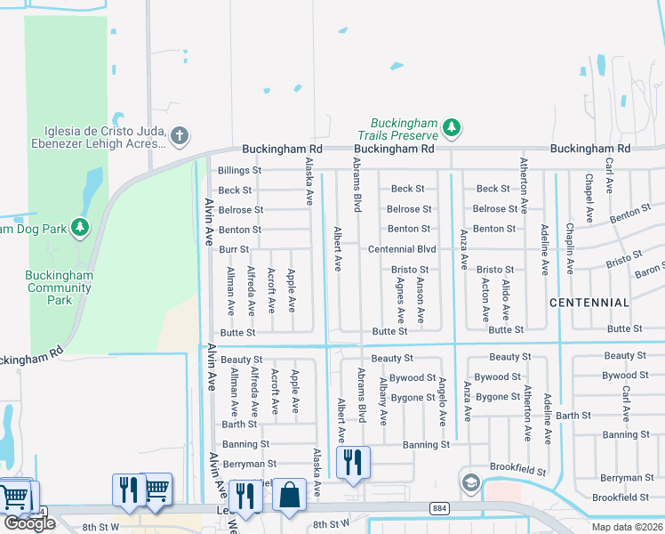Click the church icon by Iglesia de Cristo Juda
click(x=179, y=136)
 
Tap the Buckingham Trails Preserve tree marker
click(x=452, y=128)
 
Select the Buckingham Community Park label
click(x=60, y=287)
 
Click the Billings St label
click(x=240, y=170)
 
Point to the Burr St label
click(x=233, y=249)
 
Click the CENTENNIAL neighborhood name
click(x=589, y=303)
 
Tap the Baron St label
click(x=650, y=268)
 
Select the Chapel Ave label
click(x=589, y=198)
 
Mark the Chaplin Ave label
click(x=569, y=242)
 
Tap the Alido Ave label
click(x=505, y=300)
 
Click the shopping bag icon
click(x=290, y=495)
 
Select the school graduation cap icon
click(x=469, y=483)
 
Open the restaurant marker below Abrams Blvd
click(x=353, y=463)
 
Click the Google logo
click(x=29, y=523)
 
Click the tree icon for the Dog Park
click(x=80, y=228)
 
